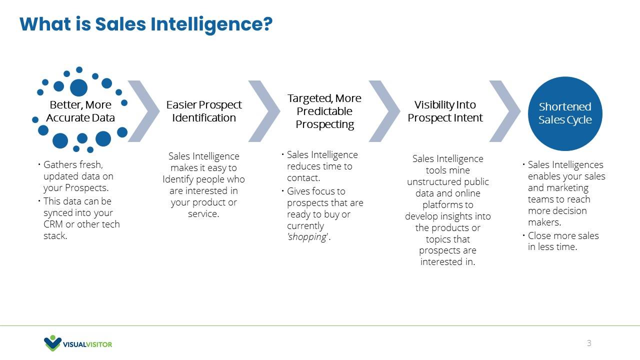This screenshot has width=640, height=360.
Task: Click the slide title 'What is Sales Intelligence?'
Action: [x=146, y=24]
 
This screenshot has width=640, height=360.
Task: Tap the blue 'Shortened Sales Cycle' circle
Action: [x=565, y=113]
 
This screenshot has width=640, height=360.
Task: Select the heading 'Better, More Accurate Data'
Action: [x=80, y=111]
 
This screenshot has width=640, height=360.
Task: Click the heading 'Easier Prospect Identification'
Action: [x=204, y=111]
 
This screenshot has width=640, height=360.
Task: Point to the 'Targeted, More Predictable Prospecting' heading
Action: [x=324, y=111]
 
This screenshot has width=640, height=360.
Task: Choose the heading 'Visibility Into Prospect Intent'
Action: [x=445, y=111]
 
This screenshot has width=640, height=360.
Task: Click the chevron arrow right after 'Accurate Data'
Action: [x=143, y=111]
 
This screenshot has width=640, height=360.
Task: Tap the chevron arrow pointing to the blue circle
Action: [x=505, y=111]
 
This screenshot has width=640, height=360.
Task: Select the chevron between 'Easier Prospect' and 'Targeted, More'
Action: [x=264, y=111]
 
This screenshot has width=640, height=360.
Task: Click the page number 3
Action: [x=589, y=343]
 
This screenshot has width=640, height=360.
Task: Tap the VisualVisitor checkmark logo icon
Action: [x=52, y=343]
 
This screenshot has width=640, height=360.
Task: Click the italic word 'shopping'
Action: [x=307, y=237]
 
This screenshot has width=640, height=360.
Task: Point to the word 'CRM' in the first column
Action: [x=53, y=224]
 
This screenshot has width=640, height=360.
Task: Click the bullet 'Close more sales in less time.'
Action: [x=563, y=241]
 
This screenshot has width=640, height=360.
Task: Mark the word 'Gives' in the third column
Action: [x=299, y=191]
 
